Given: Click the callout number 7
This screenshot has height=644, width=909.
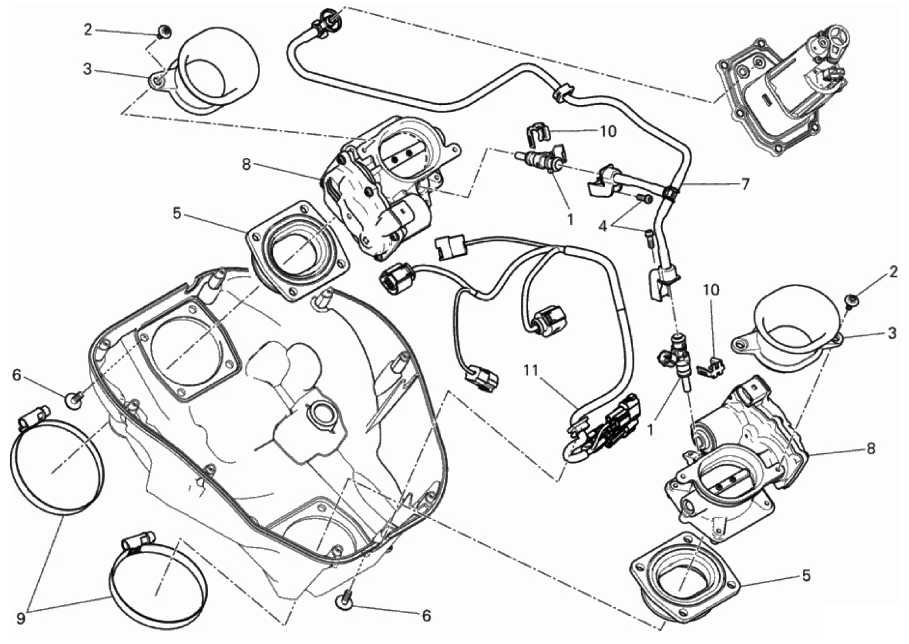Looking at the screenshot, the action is [x=744, y=185].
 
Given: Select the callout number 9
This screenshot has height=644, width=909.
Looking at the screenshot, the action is [x=21, y=619].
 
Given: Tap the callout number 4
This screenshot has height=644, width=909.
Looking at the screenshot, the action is [x=603, y=227].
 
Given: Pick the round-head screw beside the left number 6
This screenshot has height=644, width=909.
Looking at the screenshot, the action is [x=74, y=401].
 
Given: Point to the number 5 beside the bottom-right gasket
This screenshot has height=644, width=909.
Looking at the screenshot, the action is [x=805, y=575].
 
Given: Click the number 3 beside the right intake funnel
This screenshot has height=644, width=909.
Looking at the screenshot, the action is [x=891, y=334].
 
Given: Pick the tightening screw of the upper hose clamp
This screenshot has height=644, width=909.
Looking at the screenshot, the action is [x=31, y=416].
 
